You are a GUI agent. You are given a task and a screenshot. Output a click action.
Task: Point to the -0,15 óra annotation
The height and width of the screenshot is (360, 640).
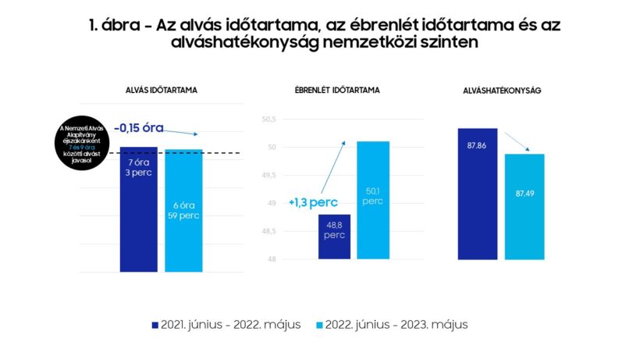tap(138, 127)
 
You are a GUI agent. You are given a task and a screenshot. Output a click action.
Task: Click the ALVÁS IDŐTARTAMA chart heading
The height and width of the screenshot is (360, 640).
tap(162, 91)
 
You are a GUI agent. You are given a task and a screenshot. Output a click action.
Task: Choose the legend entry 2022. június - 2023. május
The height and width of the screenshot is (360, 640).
tap(394, 324)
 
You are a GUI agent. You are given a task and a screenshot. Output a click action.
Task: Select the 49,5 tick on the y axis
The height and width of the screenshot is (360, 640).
tap(269, 176)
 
